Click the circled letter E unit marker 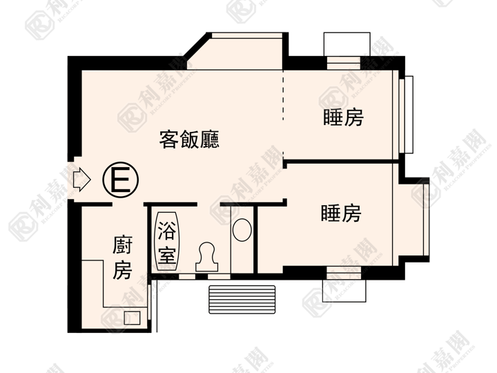(x=120, y=180)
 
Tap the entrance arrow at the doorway (x=81, y=180)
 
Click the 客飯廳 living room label (x=189, y=140)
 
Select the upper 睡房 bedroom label (x=343, y=117)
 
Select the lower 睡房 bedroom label (x=341, y=213)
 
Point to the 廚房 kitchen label (x=123, y=258)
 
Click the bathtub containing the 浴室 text (x=167, y=241)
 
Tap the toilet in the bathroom (x=206, y=257)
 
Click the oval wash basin (x=242, y=229)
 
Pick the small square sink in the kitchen (x=132, y=318)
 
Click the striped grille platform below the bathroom (x=242, y=300)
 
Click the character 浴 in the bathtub (x=167, y=230)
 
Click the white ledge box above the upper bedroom (x=347, y=44)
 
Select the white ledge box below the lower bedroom (x=344, y=291)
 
